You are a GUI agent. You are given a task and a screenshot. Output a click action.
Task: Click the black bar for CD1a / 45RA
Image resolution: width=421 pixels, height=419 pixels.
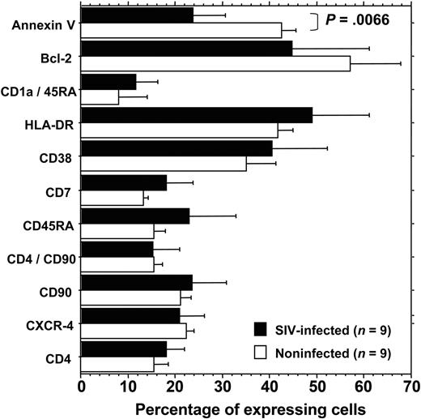click(x=108, y=81)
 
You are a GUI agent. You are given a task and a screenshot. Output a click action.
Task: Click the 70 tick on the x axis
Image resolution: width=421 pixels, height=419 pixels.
click(x=411, y=387)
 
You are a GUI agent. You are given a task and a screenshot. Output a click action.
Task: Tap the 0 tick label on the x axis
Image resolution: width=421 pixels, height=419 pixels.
click(x=81, y=387)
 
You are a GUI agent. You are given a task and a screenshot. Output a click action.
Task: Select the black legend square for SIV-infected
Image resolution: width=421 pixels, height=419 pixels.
click(x=262, y=329)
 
